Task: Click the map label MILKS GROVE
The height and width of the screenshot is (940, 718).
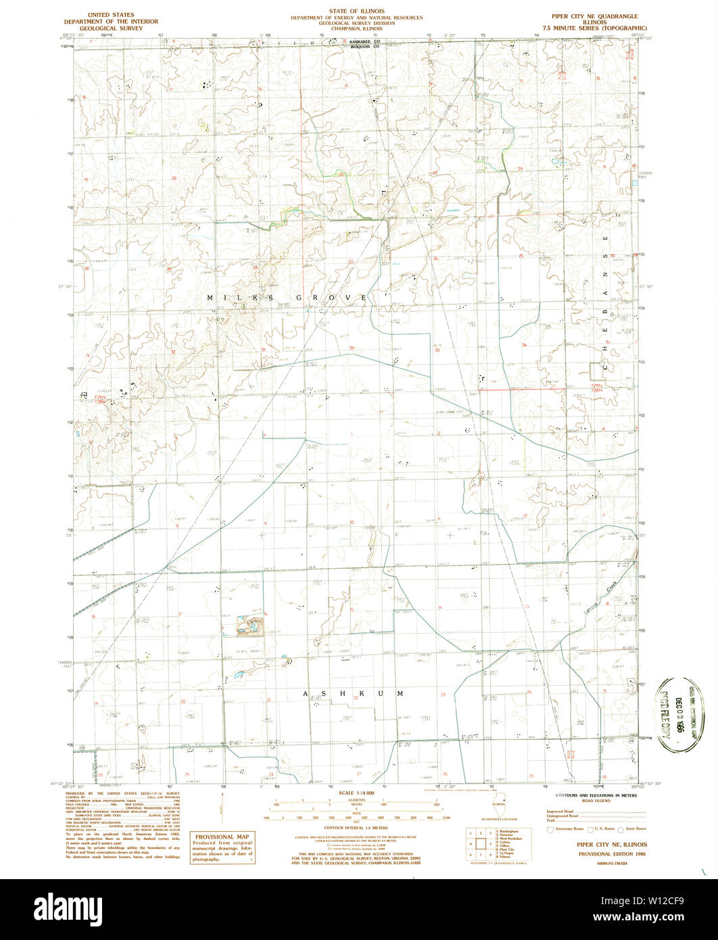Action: pos(287,298)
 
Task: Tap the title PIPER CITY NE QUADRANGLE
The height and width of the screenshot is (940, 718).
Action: pos(594,15)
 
